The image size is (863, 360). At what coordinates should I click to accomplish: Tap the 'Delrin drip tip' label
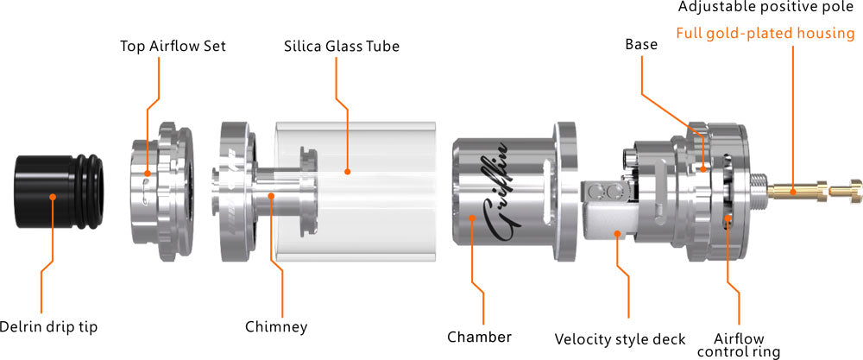(x=48, y=326)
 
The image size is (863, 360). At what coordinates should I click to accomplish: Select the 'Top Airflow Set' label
(x=173, y=46)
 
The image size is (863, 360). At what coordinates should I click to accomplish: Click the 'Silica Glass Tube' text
(x=342, y=46)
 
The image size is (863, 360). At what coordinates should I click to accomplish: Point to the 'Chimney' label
(x=276, y=326)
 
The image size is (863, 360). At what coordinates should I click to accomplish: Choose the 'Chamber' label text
(x=479, y=336)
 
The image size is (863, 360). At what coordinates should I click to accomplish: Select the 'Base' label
(x=641, y=44)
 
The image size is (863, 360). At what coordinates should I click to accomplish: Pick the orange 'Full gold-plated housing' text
(x=765, y=34)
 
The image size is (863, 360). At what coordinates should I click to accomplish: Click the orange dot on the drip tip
(x=53, y=196)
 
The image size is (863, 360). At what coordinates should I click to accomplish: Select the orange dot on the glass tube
(x=347, y=172)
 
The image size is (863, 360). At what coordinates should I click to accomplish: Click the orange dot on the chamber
(x=472, y=218)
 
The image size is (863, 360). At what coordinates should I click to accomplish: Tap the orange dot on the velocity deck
(x=618, y=232)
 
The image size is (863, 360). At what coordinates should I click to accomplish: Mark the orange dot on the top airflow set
(x=148, y=173)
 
